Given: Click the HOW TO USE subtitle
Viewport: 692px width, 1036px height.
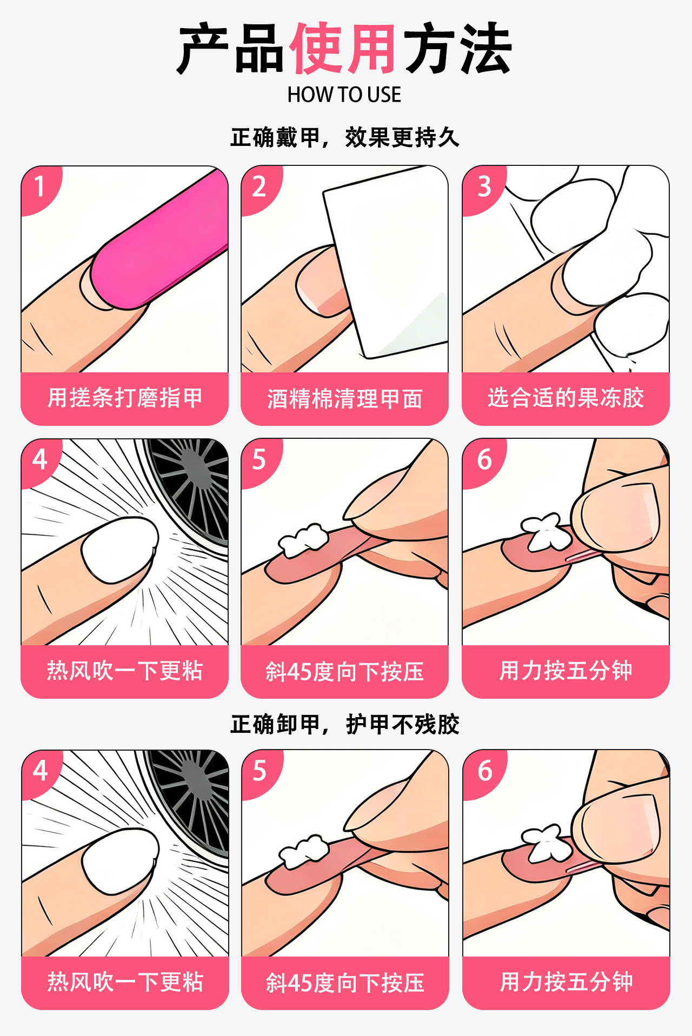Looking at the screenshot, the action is tap(344, 95).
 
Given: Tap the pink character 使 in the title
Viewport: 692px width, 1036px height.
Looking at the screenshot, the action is tap(316, 49).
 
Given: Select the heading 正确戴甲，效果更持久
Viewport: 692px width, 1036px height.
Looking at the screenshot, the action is tap(345, 137).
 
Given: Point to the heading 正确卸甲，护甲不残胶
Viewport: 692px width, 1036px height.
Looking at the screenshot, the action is tap(345, 724).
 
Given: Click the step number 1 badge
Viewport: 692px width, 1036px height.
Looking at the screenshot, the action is tap(39, 187).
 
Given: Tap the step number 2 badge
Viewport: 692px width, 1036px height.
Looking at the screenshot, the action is tap(259, 187).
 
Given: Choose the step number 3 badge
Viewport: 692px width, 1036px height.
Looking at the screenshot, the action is tap(484, 187).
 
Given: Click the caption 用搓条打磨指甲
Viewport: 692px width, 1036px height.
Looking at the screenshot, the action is tap(125, 398).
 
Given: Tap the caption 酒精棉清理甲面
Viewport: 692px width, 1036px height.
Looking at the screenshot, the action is tap(345, 399).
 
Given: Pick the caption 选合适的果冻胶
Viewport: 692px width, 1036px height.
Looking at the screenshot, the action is tap(566, 398).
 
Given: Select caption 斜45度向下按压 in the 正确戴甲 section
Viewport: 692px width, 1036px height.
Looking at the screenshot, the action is tap(345, 672).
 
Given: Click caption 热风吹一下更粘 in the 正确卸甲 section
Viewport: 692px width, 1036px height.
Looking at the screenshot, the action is tap(125, 982).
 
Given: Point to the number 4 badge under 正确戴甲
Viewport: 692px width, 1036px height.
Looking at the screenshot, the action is tap(40, 460).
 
